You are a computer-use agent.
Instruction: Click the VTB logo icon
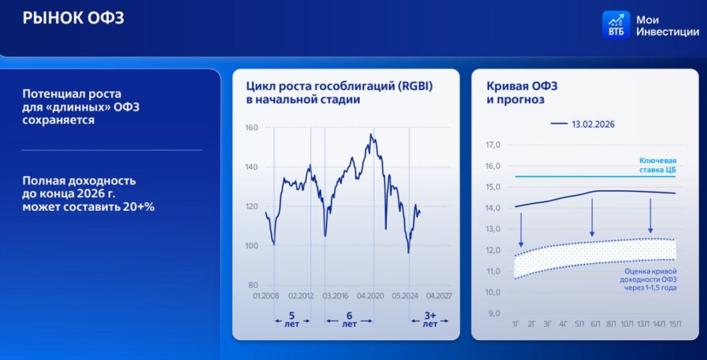tap(617, 25)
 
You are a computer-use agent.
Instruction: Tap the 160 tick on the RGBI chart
tap(251, 128)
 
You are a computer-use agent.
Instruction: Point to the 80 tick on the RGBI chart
tap(253, 285)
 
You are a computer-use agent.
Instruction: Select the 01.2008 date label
tap(265, 296)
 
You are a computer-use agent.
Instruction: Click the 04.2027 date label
tap(439, 296)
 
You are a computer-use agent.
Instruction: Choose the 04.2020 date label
tap(370, 296)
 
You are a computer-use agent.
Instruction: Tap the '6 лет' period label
tap(349, 320)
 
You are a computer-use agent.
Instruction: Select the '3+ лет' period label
tap(430, 320)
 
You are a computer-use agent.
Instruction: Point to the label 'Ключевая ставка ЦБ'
tap(657, 165)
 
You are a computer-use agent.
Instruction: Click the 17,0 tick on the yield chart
tap(493, 145)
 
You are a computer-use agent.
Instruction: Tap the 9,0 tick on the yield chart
tap(494, 313)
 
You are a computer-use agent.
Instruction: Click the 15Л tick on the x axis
tap(675, 325)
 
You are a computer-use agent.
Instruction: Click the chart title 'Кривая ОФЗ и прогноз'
tap(522, 93)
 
